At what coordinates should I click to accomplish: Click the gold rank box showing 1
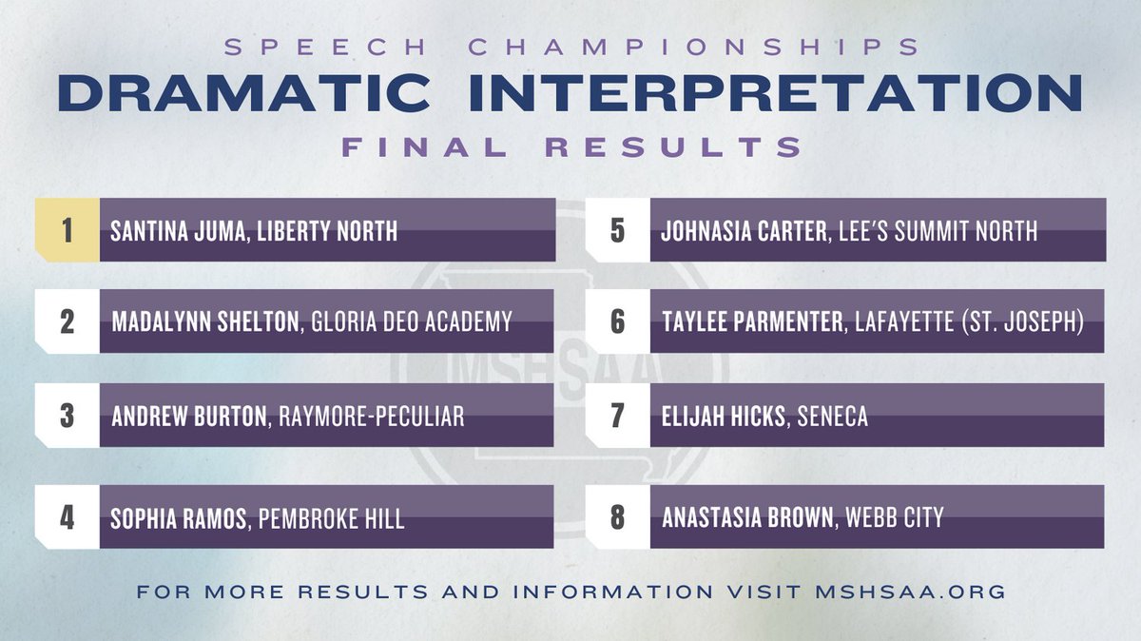pyautogui.click(x=67, y=230)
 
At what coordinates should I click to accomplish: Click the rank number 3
pyautogui.click(x=67, y=416)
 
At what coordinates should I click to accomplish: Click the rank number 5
pyautogui.click(x=618, y=230)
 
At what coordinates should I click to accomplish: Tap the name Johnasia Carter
pyautogui.click(x=745, y=230)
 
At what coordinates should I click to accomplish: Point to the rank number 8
pyautogui.click(x=618, y=518)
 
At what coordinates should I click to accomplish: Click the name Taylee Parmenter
pyautogui.click(x=751, y=321)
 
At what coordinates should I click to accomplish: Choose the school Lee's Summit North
pyautogui.click(x=938, y=230)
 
